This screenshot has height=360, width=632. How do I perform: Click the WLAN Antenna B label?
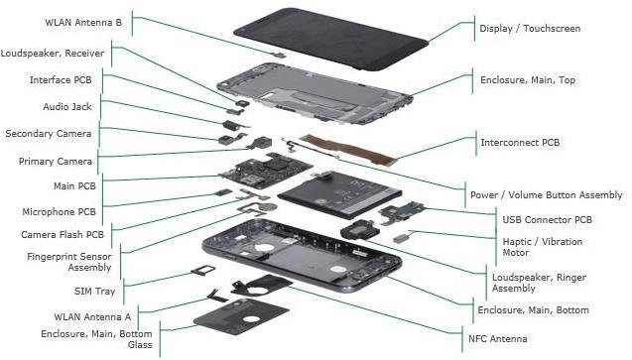coord(83,23)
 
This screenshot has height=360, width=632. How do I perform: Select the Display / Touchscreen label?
coord(530,29)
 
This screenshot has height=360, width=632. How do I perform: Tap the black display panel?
coord(330,39)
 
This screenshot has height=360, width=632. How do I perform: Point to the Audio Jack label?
coord(67,107)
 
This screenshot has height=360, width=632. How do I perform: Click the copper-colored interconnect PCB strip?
coord(349,150)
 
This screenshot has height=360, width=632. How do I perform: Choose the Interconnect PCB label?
coord(520,143)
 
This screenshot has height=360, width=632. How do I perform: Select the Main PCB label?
coord(74,186)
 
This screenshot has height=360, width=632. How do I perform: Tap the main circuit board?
coord(266,171)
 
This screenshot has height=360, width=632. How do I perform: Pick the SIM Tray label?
coord(94,292)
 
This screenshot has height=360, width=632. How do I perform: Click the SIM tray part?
coord(203,270)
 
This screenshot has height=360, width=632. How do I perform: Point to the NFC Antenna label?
coord(497,339)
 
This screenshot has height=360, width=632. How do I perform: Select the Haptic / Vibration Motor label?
coord(543,247)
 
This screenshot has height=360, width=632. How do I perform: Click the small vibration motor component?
coord(402,238)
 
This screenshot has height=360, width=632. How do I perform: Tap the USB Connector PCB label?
coord(547,220)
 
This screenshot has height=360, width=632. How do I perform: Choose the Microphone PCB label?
coord(59,212)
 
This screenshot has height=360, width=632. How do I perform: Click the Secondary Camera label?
coord(49,134)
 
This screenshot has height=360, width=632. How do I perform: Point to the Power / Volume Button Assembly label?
coord(546,195)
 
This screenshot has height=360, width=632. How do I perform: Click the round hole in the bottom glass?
coord(251,319)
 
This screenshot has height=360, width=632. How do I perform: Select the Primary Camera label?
coord(56,162)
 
